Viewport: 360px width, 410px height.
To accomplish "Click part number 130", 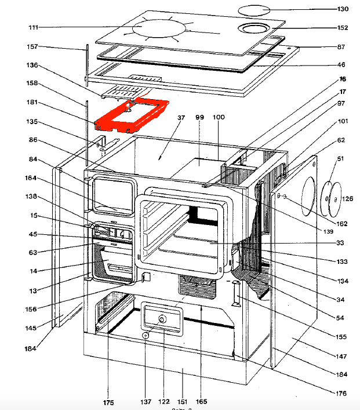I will [x=342, y=9].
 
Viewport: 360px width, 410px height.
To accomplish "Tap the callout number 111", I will [x=32, y=28].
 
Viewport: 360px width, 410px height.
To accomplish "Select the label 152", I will [x=342, y=28].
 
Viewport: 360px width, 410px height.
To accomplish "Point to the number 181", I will [x=32, y=103].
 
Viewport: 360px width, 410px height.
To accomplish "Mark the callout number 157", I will [x=32, y=46].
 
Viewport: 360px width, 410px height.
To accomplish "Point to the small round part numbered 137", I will [x=146, y=335].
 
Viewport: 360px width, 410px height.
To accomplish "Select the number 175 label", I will [x=108, y=402].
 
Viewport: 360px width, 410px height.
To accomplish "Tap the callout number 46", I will [x=342, y=65].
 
